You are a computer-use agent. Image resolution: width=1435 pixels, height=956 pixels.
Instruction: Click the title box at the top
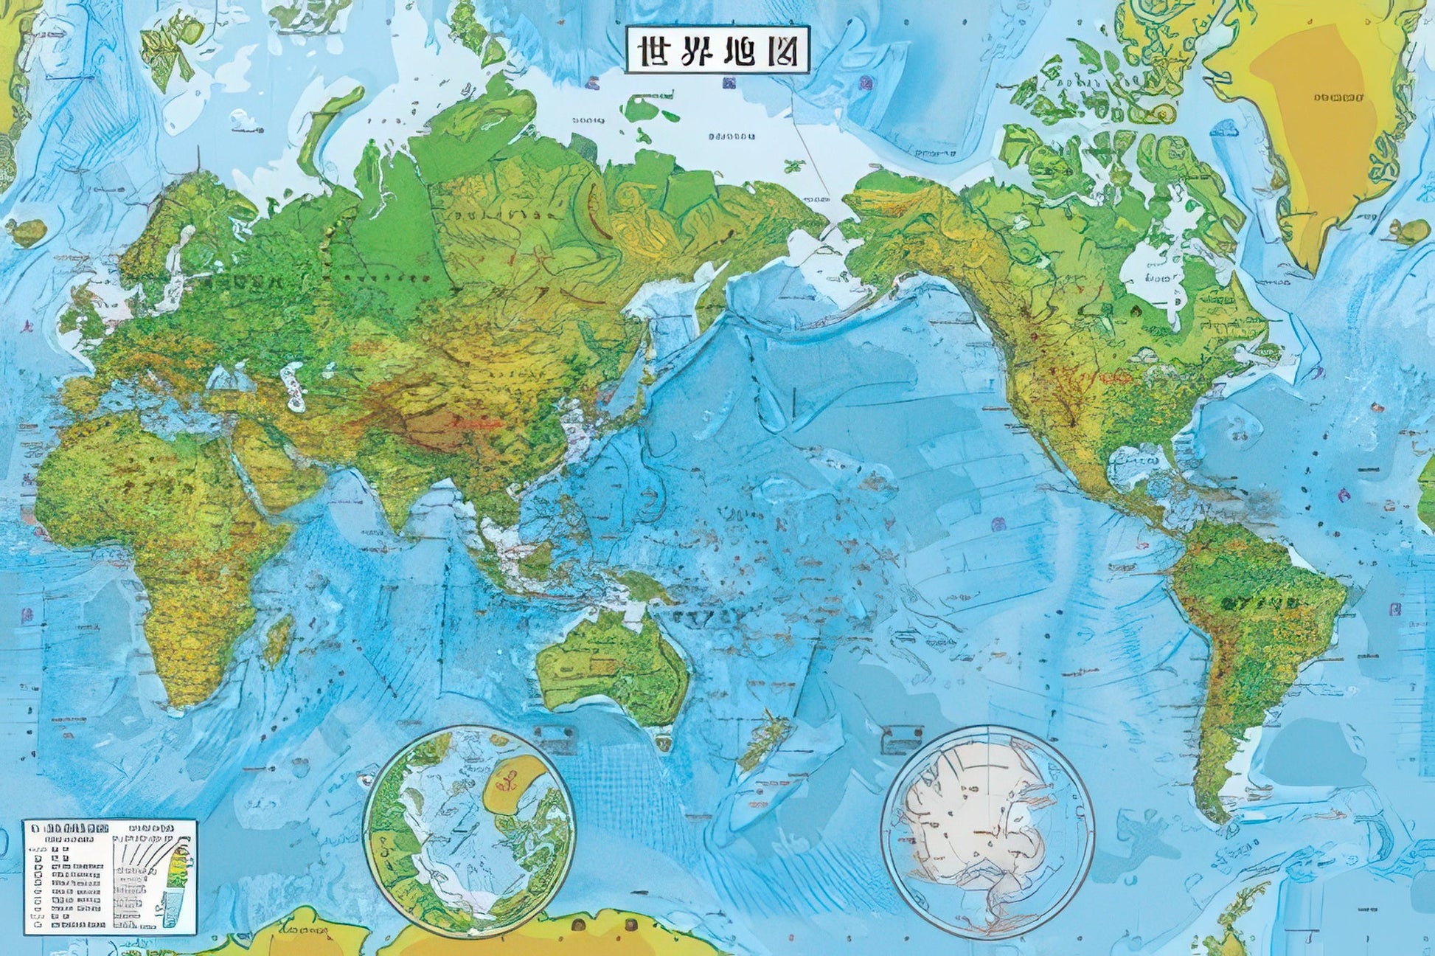(717, 49)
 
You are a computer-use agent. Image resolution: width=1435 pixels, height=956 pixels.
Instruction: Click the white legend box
(110, 876)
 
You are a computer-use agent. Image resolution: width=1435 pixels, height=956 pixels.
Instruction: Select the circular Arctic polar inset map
(469, 831)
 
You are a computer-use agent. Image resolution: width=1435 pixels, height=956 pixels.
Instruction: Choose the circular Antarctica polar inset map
(988, 831)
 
